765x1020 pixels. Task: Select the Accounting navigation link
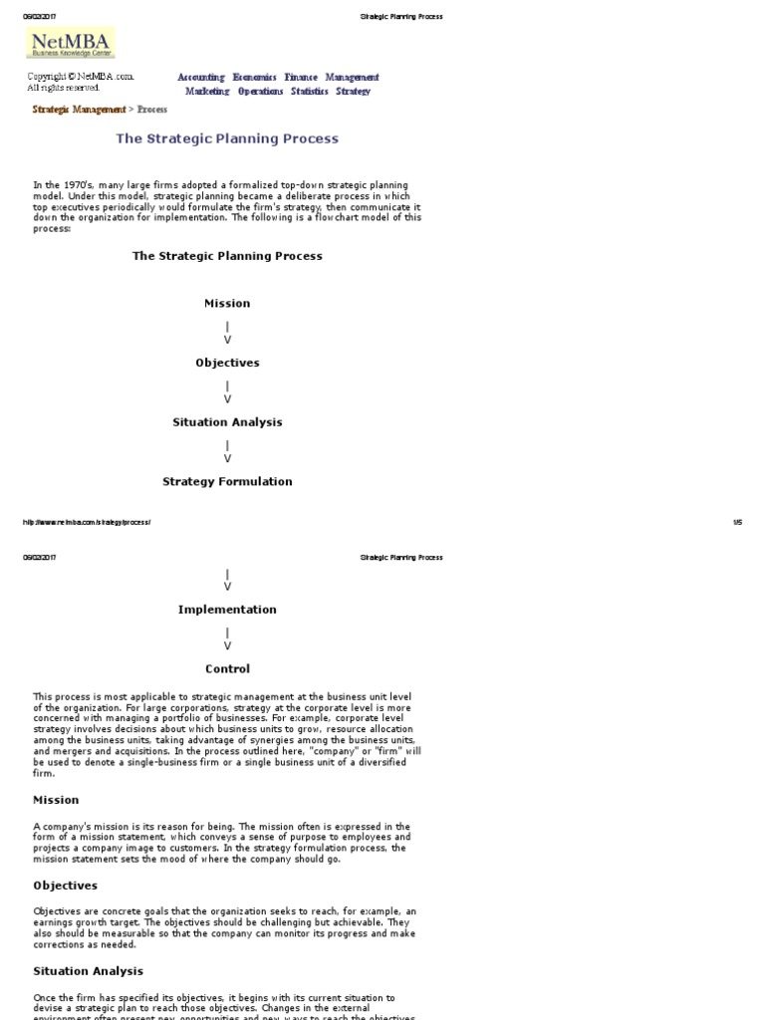pos(201,78)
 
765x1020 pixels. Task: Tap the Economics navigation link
pos(255,78)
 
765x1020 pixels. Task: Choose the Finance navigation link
pos(301,78)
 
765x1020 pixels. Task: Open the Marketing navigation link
pos(207,92)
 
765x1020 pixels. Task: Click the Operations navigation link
pos(261,92)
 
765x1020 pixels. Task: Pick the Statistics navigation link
pos(310,92)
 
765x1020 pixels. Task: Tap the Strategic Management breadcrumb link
pos(80,110)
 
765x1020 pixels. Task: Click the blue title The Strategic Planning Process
pos(227,139)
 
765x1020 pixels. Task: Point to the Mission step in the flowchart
pos(227,304)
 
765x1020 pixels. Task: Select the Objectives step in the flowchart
pos(227,364)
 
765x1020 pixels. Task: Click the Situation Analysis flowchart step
pos(227,422)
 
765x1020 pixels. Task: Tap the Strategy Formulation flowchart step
pos(227,482)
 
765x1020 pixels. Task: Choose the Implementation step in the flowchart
pos(227,610)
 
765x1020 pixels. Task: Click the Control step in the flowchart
pos(227,669)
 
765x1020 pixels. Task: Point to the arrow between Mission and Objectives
pos(227,333)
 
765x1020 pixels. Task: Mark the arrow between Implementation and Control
pos(227,638)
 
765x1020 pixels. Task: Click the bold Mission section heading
pos(56,800)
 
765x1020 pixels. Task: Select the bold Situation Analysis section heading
pos(88,971)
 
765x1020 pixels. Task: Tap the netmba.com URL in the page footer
pos(86,522)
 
